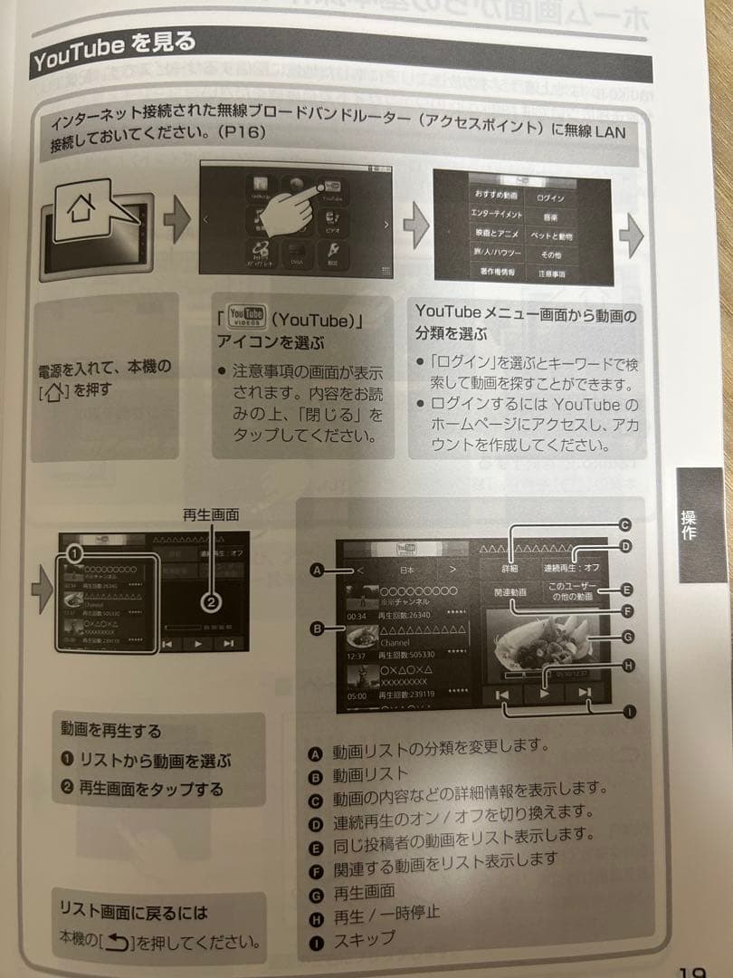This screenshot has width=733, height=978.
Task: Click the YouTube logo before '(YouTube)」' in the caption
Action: pyautogui.click(x=247, y=316)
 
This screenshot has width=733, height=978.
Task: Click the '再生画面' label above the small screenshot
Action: pyautogui.click(x=211, y=514)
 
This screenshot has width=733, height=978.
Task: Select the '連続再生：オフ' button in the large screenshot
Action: pyautogui.click(x=571, y=568)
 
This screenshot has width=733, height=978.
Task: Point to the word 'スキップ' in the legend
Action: pyautogui.click(x=365, y=938)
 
